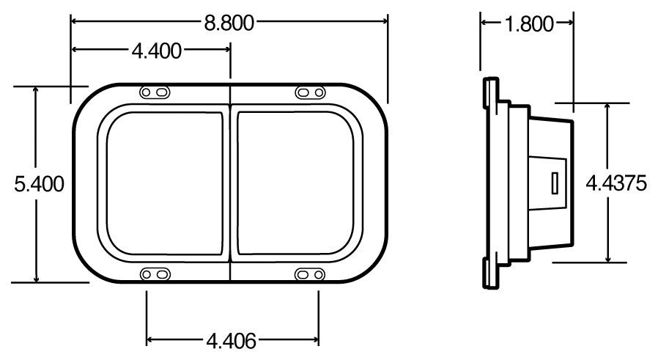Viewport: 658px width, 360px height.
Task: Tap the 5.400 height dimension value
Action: pos(39,183)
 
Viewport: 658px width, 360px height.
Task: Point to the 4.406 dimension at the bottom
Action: pos(231,340)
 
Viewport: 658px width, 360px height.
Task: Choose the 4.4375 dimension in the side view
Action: pos(616,183)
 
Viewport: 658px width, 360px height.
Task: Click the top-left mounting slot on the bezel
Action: pos(155,92)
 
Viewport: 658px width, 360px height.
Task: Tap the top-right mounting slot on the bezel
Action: pos(309,92)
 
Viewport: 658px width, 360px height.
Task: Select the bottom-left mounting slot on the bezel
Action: pos(155,273)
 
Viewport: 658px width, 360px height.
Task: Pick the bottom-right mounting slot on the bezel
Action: pos(309,273)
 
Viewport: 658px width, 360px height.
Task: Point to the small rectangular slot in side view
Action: pos(555,183)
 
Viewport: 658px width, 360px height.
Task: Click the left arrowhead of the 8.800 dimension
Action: pos(75,23)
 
